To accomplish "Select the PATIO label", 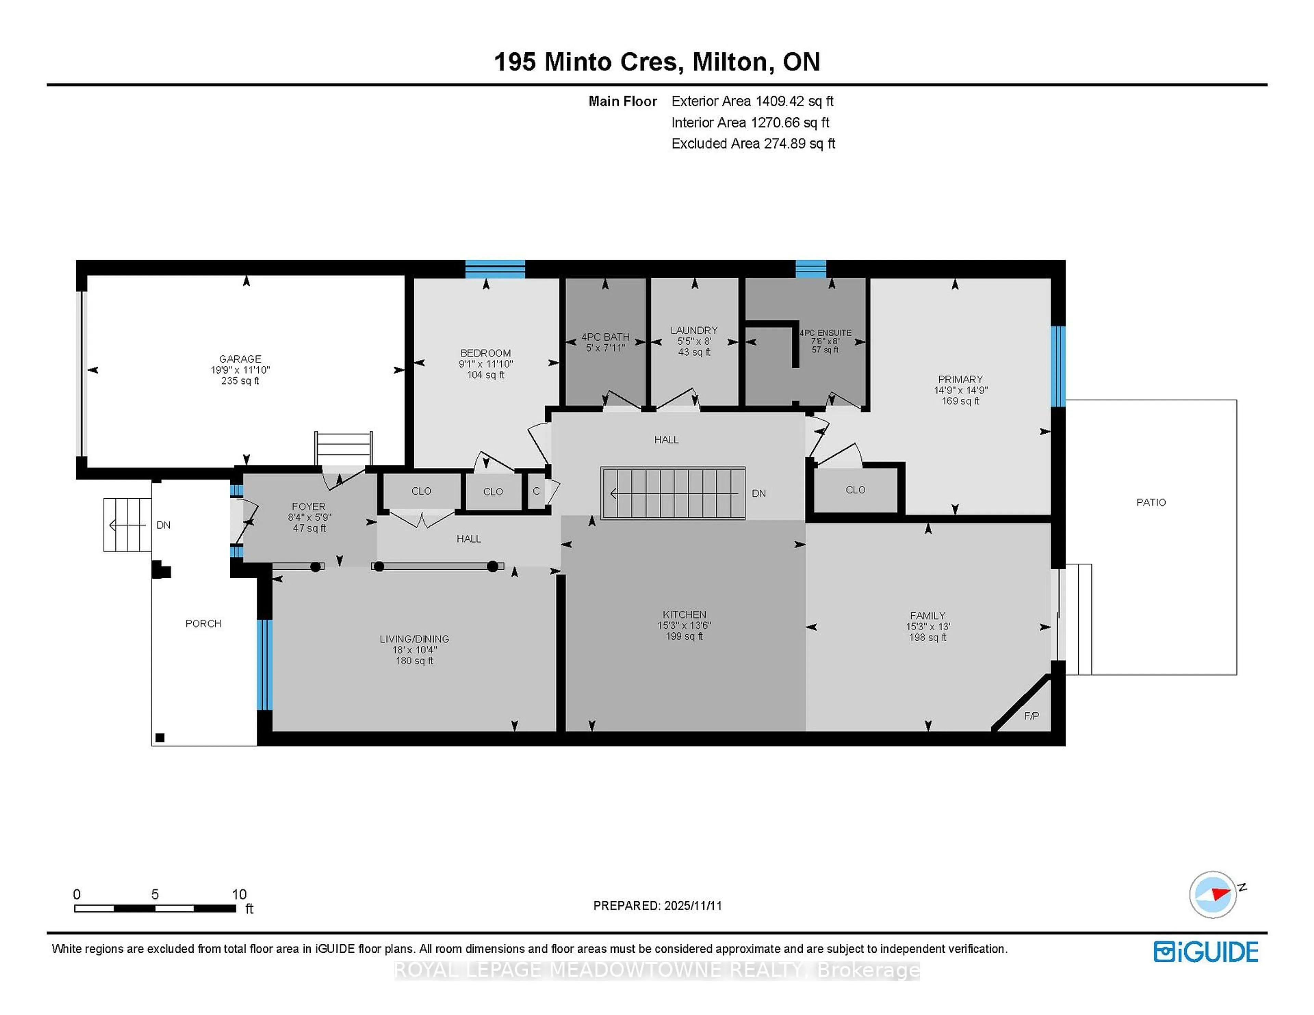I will click(1150, 502).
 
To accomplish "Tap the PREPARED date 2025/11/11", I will click(691, 906).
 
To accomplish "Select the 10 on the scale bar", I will click(239, 894).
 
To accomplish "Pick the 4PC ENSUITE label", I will click(825, 332).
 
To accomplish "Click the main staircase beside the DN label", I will click(673, 493).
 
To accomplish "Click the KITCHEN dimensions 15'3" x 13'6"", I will click(684, 625).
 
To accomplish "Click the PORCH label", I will click(203, 623).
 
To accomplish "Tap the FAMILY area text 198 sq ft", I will click(927, 637).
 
